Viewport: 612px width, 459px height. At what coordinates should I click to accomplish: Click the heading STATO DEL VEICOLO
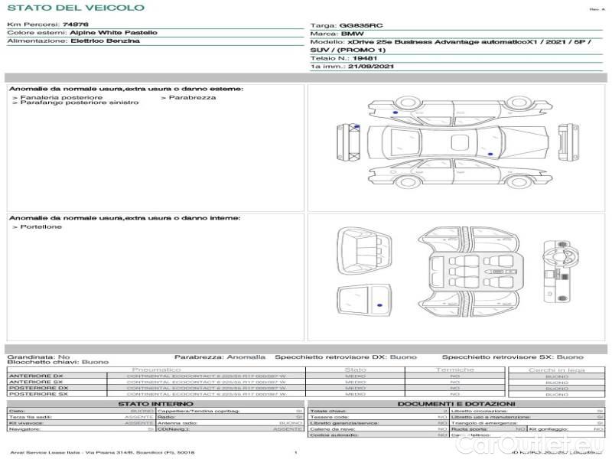[75, 8]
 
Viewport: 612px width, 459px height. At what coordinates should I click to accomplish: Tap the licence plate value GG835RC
[358, 25]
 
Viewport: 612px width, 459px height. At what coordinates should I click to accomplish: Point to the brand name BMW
[352, 34]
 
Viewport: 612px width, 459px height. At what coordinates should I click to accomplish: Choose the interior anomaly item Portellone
[41, 227]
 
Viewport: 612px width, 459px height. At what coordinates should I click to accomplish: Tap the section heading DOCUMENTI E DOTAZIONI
[456, 403]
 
